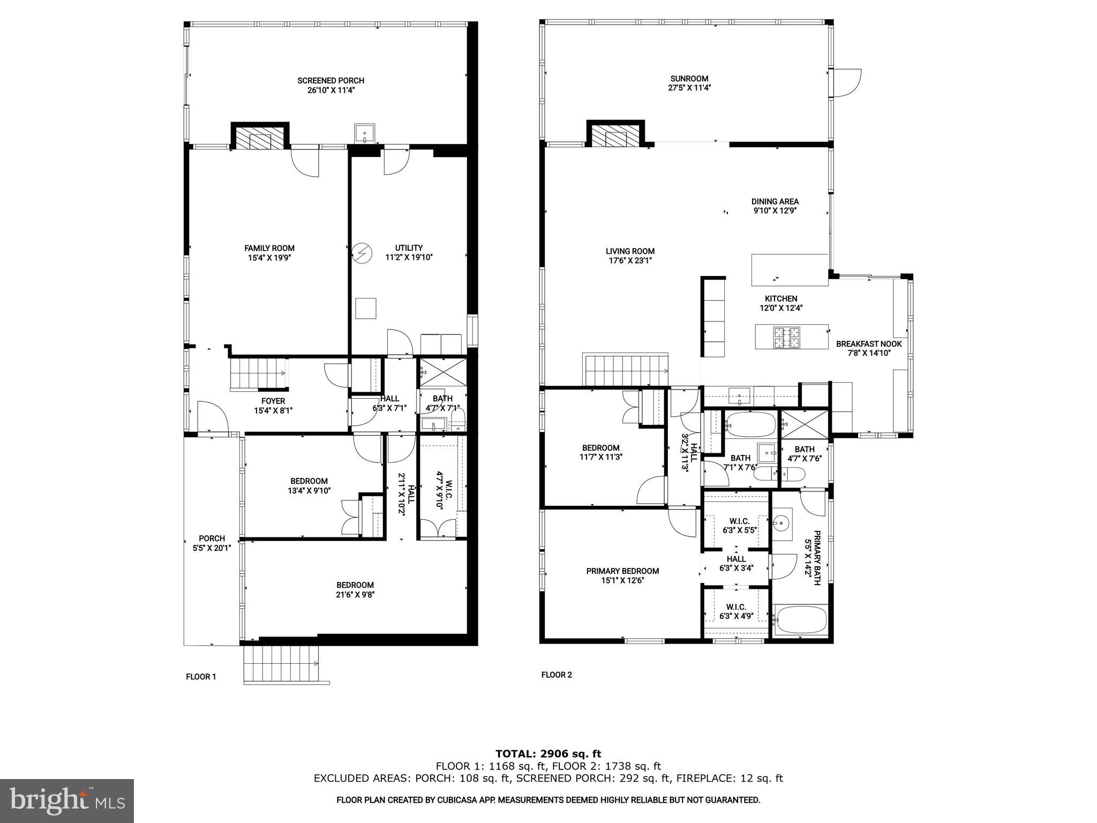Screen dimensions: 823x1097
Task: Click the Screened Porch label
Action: (x=330, y=81)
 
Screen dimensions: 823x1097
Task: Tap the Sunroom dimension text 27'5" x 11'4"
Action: (x=689, y=88)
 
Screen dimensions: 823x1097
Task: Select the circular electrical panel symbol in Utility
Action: (x=362, y=252)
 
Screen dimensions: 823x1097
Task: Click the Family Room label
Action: (x=269, y=248)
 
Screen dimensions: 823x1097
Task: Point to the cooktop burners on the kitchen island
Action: (x=785, y=336)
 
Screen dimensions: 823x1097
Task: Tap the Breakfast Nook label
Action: (x=869, y=344)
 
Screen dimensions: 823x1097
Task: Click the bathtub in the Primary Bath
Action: (x=800, y=619)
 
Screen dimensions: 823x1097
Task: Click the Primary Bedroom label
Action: (x=622, y=571)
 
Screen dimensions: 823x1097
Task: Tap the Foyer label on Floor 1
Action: (x=273, y=401)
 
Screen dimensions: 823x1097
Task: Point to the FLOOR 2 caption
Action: (x=557, y=675)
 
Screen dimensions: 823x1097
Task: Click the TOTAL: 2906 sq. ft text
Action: (x=548, y=754)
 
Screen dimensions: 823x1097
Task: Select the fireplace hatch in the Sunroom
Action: (x=615, y=138)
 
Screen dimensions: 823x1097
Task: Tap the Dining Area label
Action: (x=775, y=202)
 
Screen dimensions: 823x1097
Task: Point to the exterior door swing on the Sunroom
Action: (x=846, y=83)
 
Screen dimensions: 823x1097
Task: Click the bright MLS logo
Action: (x=66, y=802)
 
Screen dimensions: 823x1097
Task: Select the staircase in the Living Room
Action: (x=625, y=370)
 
